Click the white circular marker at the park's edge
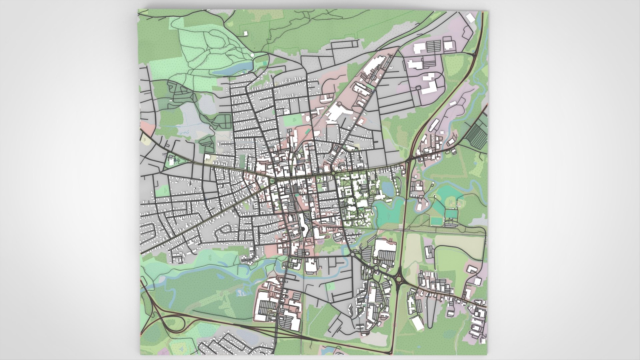coord(252,55)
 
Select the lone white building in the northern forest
coord(246,33)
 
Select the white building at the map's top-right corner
coord(470,17)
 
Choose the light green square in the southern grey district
coord(330,286)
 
